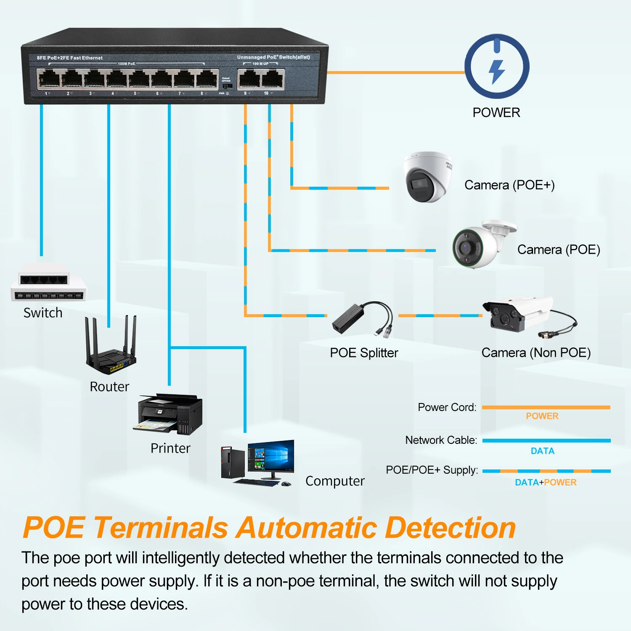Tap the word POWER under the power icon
[x=496, y=113]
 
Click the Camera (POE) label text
[x=559, y=249]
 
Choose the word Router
[x=109, y=387]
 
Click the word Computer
[x=335, y=481]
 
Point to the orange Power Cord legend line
[x=546, y=407]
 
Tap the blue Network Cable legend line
[x=546, y=440]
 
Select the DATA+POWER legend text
[x=546, y=483]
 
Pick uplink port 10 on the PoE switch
[x=272, y=79]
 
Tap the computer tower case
[x=233, y=463]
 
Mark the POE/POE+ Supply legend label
[x=432, y=470]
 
